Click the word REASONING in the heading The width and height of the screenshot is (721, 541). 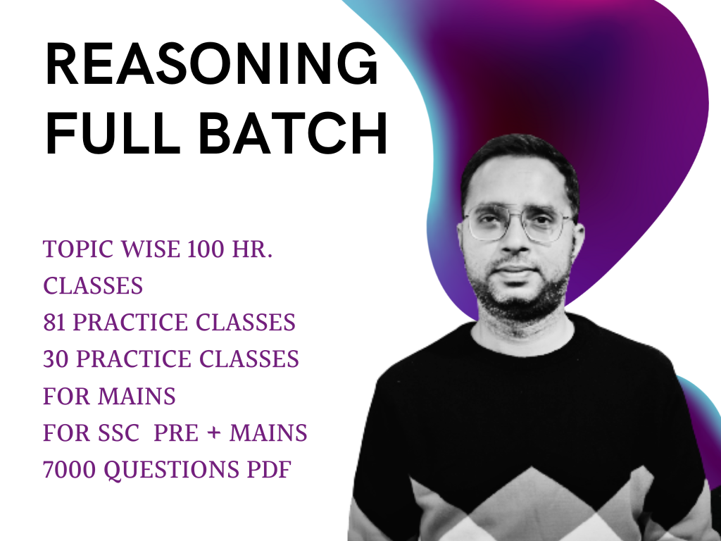click(212, 63)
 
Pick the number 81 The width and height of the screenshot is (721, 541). click(54, 323)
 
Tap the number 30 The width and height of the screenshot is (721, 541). click(55, 359)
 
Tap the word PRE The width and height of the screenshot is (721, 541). click(176, 433)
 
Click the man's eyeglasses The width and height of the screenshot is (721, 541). click(518, 223)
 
